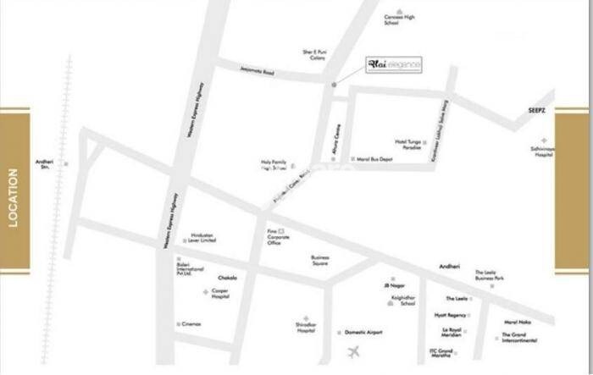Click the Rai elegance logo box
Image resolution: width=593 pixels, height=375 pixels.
393,65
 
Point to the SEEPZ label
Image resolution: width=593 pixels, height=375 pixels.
540,111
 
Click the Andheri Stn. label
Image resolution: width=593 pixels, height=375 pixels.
44,164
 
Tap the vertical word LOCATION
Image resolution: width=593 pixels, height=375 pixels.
13,198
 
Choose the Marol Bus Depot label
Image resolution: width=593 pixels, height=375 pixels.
375,158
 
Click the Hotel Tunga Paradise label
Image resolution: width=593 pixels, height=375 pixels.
408,144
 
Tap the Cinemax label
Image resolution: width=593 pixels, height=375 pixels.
191,324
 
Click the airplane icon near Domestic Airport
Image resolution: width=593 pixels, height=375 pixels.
353,350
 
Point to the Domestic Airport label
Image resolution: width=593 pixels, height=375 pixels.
364,333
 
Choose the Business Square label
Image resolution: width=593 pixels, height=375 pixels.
319,260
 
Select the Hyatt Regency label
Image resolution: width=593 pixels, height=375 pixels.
451,314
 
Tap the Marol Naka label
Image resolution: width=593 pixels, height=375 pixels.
517,321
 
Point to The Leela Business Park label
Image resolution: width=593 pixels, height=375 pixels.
490,275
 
